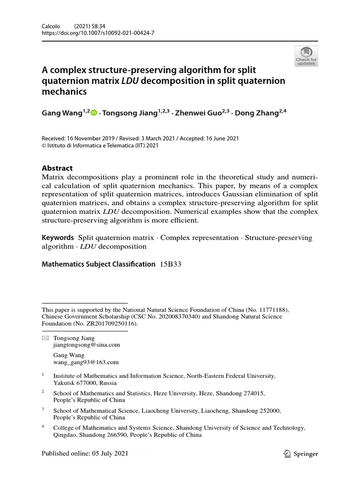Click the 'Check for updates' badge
tap(306, 56)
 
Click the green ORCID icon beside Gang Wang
tap(94, 113)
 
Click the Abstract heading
tap(57, 168)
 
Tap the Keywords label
tap(58, 238)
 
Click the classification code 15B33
tap(170, 264)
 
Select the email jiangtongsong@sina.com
tap(87, 345)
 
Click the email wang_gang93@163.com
tap(86, 362)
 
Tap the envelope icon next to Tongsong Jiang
tap(45, 338)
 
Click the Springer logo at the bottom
tap(301, 454)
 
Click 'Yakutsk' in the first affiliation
tap(64, 382)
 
